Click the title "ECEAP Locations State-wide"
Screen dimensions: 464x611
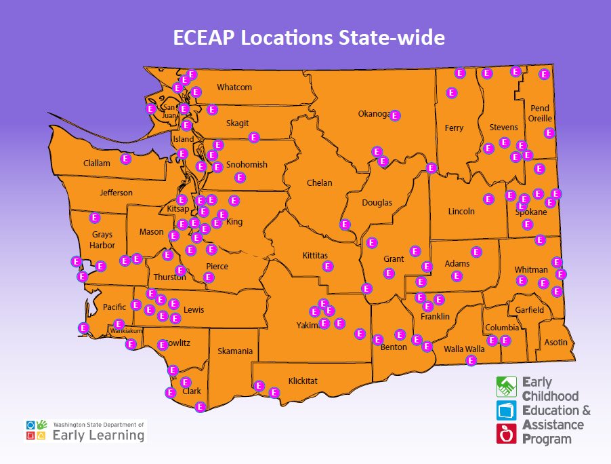308,37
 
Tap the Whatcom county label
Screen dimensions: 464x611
234,88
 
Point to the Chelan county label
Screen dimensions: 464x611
319,183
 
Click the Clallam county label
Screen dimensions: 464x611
96,163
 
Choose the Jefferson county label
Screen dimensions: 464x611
117,193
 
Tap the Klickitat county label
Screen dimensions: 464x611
303,381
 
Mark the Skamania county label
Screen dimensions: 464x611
236,351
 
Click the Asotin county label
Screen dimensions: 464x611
556,343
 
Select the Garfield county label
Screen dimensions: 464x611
530,310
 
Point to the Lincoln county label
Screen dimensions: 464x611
461,212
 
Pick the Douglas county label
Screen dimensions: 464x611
377,203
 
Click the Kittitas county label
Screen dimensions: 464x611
315,256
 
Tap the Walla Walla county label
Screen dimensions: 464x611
464,349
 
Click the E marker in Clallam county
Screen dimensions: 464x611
125,159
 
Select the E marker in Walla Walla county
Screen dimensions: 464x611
471,360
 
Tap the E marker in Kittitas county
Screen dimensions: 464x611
328,267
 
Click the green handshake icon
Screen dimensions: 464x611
507,387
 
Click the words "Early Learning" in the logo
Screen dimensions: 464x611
98,436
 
